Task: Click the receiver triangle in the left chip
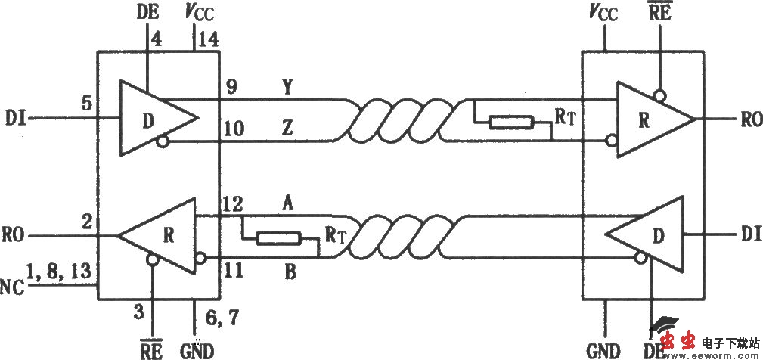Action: [x=163, y=235]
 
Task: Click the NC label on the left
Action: [x=11, y=287]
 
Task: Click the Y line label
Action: [x=287, y=86]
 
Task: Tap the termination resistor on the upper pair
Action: [x=512, y=123]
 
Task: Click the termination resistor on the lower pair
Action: [x=279, y=239]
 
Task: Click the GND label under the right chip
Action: [x=603, y=350]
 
